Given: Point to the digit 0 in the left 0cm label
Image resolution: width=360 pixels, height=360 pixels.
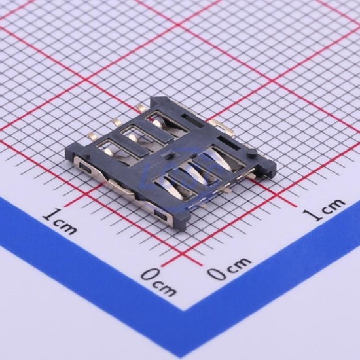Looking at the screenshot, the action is point(151,274).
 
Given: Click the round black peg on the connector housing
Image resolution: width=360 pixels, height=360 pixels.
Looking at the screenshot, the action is point(251,153).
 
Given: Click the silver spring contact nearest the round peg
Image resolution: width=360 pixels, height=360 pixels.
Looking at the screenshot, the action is point(218,158).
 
